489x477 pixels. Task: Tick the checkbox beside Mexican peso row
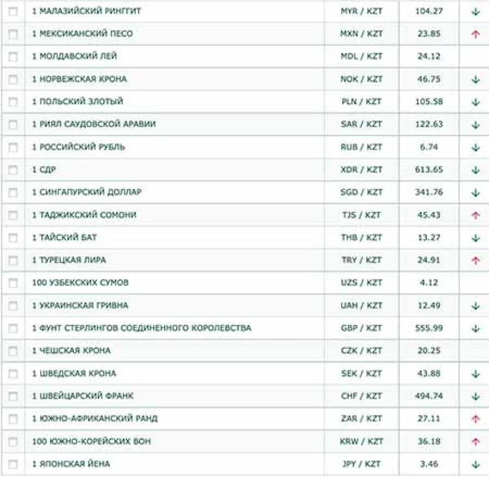click(13, 34)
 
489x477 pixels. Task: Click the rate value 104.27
click(429, 11)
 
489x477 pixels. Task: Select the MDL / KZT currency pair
click(361, 57)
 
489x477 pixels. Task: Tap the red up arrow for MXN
click(475, 34)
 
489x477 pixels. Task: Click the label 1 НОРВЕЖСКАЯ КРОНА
click(79, 79)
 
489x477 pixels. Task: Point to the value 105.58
click(429, 102)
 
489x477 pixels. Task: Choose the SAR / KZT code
click(361, 125)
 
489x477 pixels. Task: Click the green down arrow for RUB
click(475, 147)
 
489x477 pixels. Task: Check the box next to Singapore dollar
click(13, 193)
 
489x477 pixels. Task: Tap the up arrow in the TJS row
click(475, 215)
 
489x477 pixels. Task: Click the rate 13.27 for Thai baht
click(429, 238)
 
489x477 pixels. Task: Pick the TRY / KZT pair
click(361, 261)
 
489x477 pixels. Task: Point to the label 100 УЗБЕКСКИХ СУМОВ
click(80, 283)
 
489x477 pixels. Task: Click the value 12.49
click(429, 306)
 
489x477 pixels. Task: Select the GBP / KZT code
click(361, 329)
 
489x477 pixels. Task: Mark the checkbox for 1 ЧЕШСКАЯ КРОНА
click(13, 351)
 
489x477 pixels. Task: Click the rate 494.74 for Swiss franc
click(429, 397)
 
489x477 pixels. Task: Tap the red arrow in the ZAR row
click(475, 419)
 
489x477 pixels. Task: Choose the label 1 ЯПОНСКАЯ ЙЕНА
click(71, 464)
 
